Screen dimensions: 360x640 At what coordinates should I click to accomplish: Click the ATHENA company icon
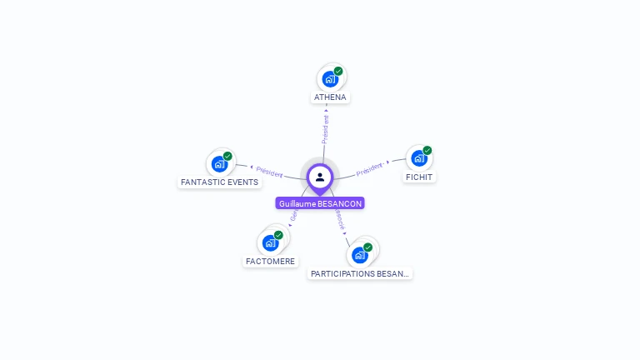tap(330, 79)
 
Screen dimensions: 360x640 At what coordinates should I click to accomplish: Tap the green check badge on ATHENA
tap(338, 72)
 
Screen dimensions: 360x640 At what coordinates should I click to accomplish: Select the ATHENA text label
tap(330, 97)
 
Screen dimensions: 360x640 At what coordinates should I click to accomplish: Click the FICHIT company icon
tap(419, 158)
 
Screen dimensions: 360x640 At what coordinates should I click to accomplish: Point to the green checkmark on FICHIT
tap(427, 151)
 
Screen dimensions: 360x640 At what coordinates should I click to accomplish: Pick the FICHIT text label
tap(420, 177)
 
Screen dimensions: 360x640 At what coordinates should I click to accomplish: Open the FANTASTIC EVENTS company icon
tap(219, 163)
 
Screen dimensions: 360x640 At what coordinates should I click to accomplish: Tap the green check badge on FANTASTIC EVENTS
tap(227, 156)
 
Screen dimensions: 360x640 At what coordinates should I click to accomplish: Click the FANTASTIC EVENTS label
tap(220, 182)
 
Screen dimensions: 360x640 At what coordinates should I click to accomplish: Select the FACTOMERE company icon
tap(270, 242)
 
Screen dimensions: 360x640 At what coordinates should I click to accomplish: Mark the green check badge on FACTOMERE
tap(278, 235)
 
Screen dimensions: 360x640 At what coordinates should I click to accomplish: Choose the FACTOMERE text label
tap(271, 261)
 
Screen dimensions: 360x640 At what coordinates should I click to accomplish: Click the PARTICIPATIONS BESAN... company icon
tap(360, 254)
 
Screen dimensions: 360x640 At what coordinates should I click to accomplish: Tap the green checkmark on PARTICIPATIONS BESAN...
tap(367, 247)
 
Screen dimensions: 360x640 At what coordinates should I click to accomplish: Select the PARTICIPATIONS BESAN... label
tap(360, 273)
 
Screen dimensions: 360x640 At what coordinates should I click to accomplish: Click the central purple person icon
tap(320, 177)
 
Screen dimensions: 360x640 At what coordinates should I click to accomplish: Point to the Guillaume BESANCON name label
tap(320, 203)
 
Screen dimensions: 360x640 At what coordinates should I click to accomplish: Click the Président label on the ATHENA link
tap(326, 130)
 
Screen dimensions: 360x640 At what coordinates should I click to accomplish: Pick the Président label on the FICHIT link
tap(369, 169)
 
